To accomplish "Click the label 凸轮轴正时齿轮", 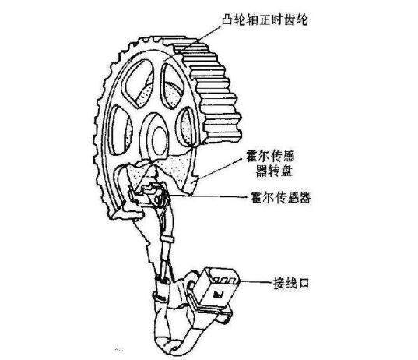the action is click(x=265, y=19).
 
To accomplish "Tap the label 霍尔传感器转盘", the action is click(x=272, y=164).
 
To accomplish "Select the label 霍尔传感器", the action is click(x=281, y=197).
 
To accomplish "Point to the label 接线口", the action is click(x=290, y=283).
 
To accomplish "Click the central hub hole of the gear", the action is click(x=160, y=140).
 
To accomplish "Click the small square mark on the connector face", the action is click(x=219, y=294).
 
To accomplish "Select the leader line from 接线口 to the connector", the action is click(x=256, y=282).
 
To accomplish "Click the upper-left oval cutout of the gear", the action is click(x=139, y=83).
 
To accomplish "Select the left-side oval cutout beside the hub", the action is click(x=119, y=130).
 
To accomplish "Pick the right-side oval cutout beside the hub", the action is click(x=187, y=128).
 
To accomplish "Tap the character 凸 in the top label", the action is click(x=227, y=19).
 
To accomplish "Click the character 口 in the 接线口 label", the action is click(x=304, y=283).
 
